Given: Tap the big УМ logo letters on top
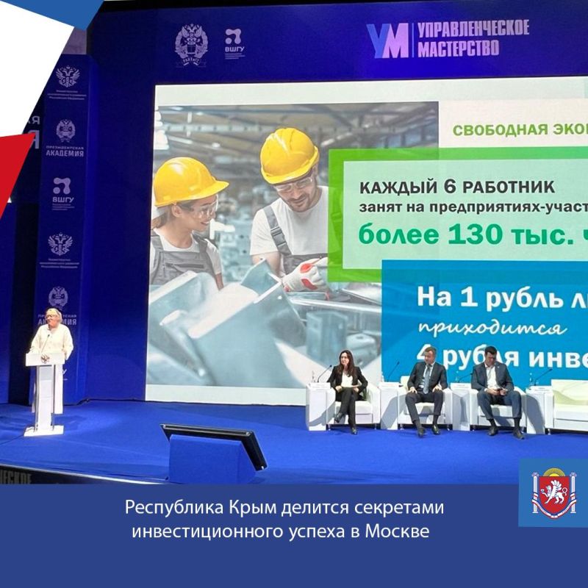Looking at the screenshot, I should (x=387, y=40).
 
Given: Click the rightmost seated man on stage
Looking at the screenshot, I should (x=494, y=385).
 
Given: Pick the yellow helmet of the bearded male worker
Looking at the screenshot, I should (x=289, y=154).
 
